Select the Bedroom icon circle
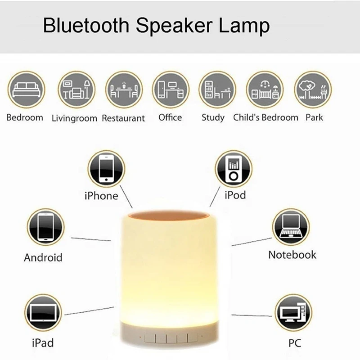point(27,90)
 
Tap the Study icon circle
point(217,90)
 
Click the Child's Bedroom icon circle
point(265,90)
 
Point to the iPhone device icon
point(106,169)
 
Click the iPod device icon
point(233,169)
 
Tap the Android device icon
point(45,227)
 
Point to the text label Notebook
point(292,255)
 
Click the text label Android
point(43,258)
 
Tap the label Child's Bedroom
point(265,117)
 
